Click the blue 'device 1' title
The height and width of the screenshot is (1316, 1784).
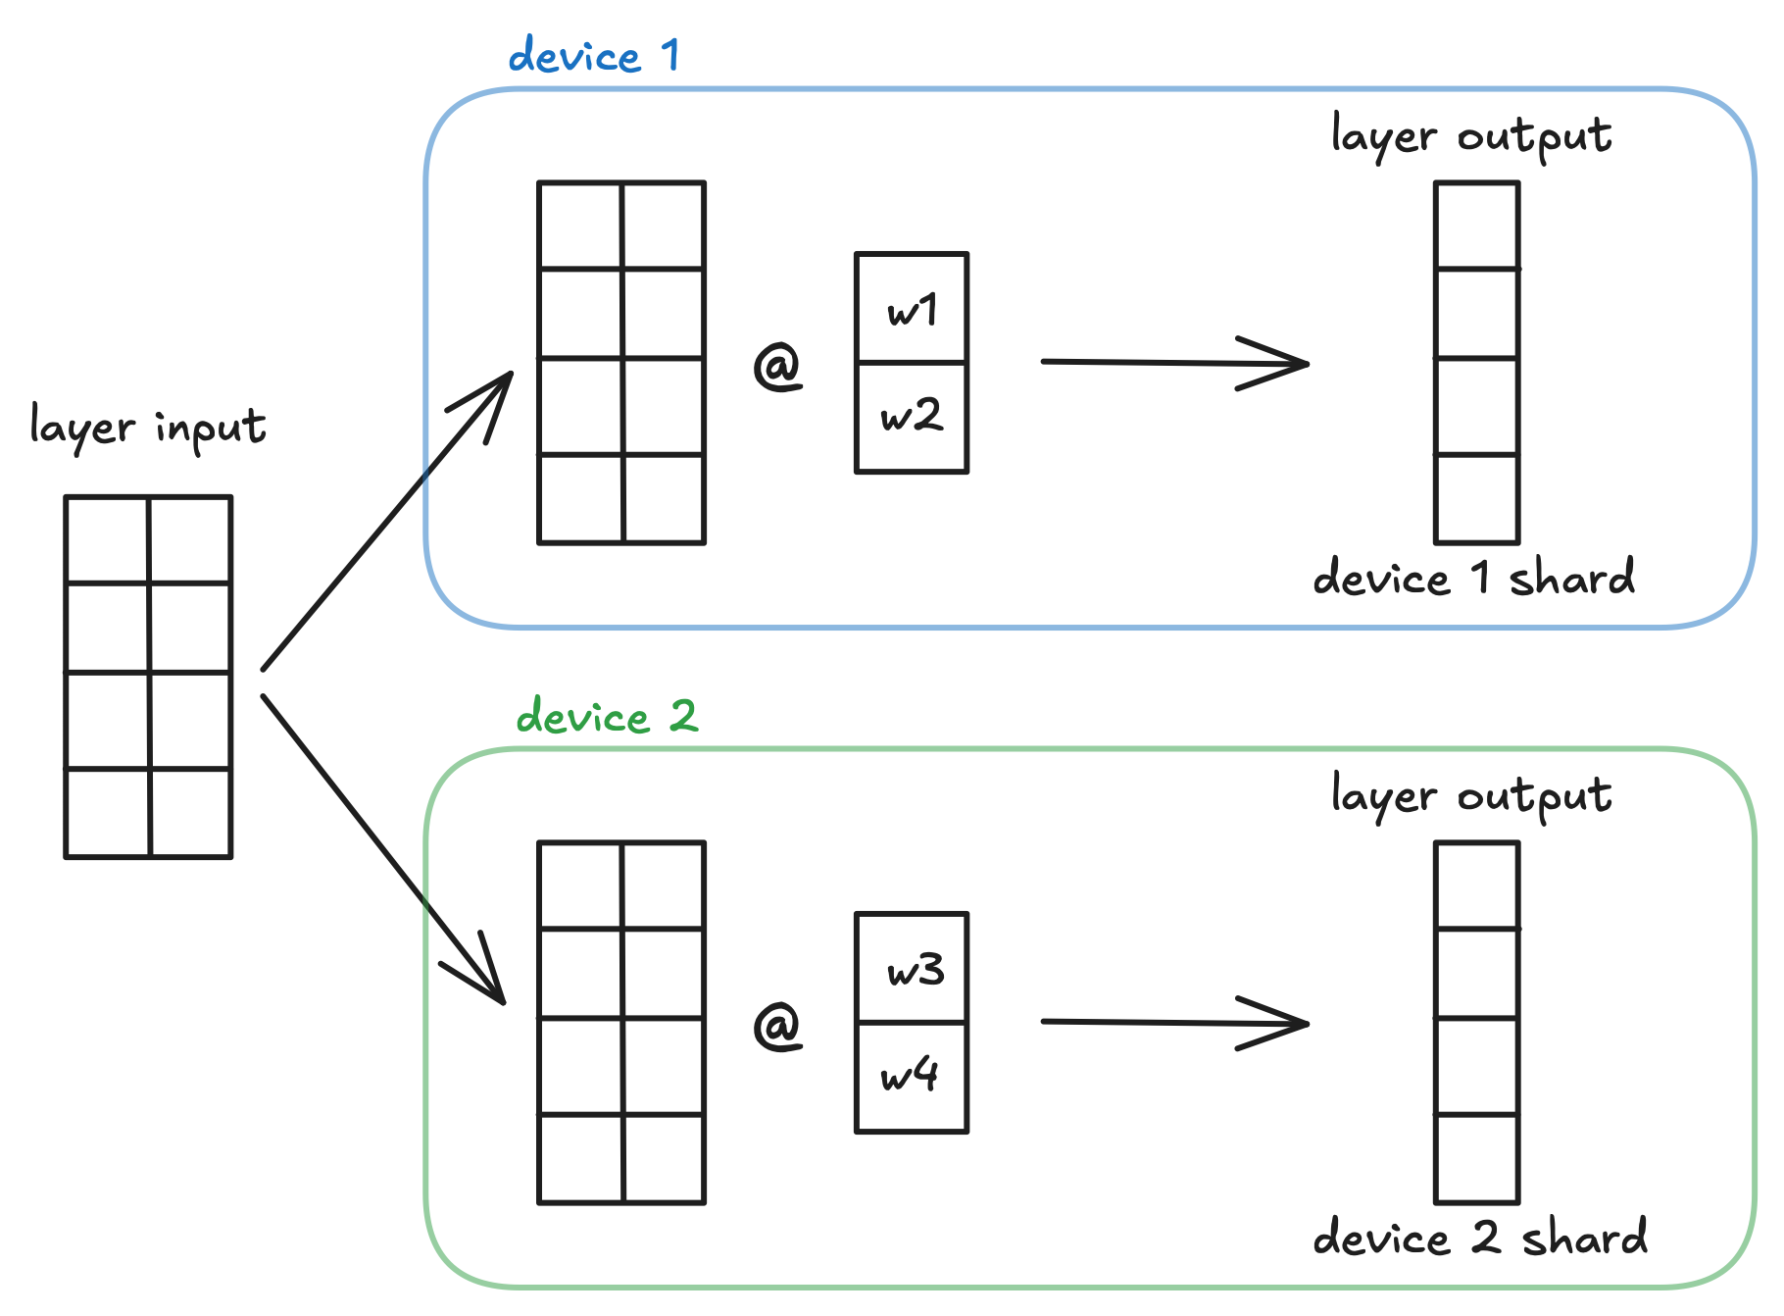click(x=594, y=56)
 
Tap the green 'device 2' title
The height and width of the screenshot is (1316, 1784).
click(x=607, y=717)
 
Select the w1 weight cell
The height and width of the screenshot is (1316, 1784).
click(x=912, y=310)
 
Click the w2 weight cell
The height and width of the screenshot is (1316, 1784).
click(x=912, y=417)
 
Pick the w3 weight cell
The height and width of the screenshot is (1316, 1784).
click(x=912, y=970)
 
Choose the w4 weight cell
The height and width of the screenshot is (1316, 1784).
click(x=912, y=1077)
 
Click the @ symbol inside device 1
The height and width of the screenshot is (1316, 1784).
click(x=777, y=366)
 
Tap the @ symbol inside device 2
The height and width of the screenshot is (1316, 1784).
click(x=777, y=1026)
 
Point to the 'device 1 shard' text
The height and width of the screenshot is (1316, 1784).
click(x=1473, y=578)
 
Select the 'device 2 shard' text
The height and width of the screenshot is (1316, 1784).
click(x=1480, y=1238)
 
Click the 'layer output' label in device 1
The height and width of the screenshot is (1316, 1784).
click(x=1470, y=136)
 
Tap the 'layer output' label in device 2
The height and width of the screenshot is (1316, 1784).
click(x=1470, y=796)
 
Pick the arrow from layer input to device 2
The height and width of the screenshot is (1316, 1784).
click(x=382, y=849)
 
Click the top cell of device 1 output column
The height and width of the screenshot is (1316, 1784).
click(x=1476, y=226)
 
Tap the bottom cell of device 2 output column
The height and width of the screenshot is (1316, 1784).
click(x=1476, y=1158)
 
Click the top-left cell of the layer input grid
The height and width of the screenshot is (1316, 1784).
click(x=107, y=540)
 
